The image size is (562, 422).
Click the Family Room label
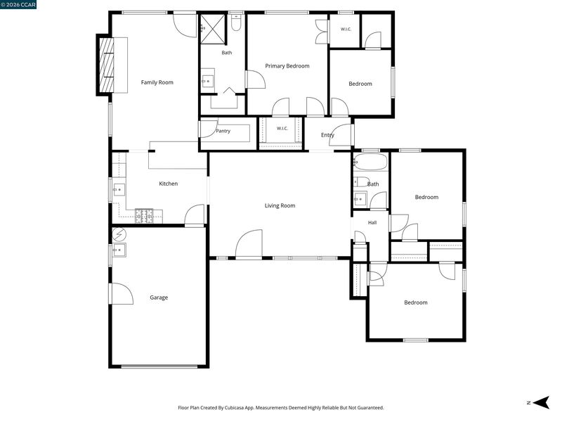[x=157, y=82]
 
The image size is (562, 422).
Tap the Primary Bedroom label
[x=287, y=66]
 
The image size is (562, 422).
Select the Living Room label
[x=280, y=205]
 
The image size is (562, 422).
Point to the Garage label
[x=159, y=298]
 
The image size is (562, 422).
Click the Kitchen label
[x=169, y=184]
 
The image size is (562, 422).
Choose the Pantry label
[x=223, y=131]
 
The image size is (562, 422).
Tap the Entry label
[x=327, y=135]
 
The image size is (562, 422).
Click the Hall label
[x=372, y=222]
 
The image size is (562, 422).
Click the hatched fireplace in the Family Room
[x=106, y=65]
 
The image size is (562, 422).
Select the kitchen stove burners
[x=144, y=215]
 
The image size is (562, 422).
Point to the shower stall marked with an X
[x=213, y=29]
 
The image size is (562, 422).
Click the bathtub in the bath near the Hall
[x=371, y=162]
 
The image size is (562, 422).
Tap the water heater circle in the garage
[x=119, y=235]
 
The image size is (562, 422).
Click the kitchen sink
[x=119, y=189]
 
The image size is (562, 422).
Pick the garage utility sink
[x=119, y=250]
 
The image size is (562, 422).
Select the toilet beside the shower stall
[x=236, y=23]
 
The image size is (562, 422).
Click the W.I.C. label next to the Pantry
[x=282, y=129]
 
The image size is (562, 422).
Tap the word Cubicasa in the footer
[x=235, y=408]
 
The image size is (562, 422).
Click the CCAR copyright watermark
[x=18, y=4]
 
